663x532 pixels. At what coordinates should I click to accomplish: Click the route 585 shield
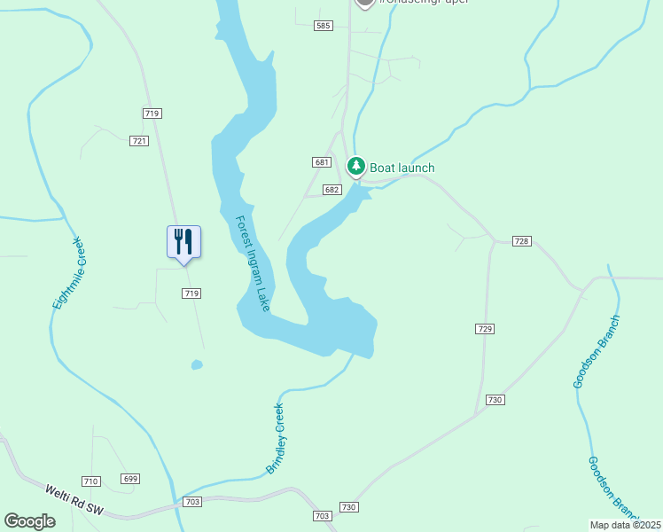click(x=323, y=26)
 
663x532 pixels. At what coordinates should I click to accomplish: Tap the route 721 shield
click(x=138, y=141)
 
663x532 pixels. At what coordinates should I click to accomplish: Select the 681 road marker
click(x=321, y=162)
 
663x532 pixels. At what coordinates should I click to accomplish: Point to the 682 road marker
click(x=332, y=190)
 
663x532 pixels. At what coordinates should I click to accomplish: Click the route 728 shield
click(x=521, y=241)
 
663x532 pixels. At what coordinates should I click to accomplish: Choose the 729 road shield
click(x=484, y=329)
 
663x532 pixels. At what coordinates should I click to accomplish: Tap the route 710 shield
click(x=90, y=481)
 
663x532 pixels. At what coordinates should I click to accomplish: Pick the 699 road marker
click(x=130, y=479)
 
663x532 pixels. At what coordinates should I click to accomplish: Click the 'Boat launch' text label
click(x=402, y=168)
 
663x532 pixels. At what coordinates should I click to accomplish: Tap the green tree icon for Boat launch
click(x=355, y=166)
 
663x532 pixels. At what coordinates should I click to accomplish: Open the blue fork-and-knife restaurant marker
click(x=184, y=242)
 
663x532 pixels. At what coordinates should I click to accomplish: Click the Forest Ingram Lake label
click(x=253, y=263)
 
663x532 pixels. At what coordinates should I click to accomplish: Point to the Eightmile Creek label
click(x=67, y=273)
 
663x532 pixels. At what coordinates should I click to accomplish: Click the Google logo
click(x=30, y=521)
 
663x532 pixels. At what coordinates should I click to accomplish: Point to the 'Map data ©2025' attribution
click(x=626, y=525)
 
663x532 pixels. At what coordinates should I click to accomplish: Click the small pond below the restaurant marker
click(x=197, y=364)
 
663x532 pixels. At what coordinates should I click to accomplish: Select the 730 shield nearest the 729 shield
click(x=495, y=400)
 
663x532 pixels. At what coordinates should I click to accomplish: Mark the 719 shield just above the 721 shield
click(x=151, y=113)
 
